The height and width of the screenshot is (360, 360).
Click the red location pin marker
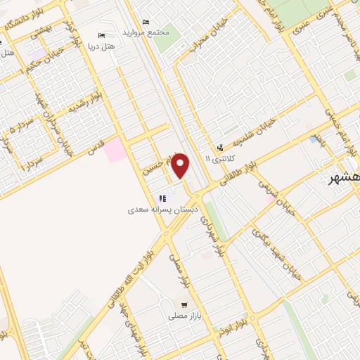tap(181, 166)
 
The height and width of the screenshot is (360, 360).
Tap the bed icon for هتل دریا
tap(103, 35)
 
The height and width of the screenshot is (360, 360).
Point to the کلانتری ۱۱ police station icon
tap(220, 148)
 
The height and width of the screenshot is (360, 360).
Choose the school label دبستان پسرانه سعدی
tap(162, 209)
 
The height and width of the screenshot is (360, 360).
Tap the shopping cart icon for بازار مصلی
tap(184, 304)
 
